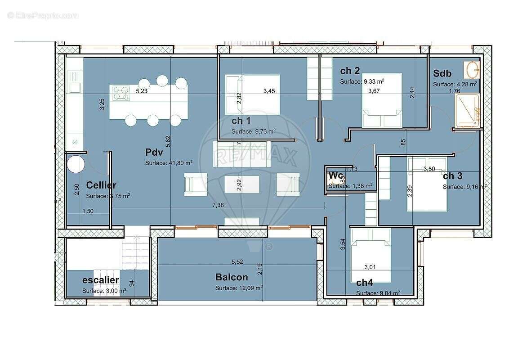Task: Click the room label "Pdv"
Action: tap(154, 153)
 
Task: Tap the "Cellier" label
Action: tap(101, 185)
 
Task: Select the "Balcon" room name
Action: tap(232, 277)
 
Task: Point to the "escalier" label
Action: tap(101, 280)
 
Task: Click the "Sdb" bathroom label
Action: tap(442, 73)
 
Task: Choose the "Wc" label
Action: tap(336, 175)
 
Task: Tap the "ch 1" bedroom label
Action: tap(241, 121)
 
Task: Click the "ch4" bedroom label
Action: tap(364, 283)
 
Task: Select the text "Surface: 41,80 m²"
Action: tap(169, 163)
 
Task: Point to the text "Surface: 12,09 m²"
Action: tap(239, 288)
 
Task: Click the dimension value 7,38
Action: tap(218, 205)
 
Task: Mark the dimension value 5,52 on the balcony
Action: tap(237, 261)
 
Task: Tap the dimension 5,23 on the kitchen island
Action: tap(142, 91)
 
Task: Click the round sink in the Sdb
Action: tap(473, 70)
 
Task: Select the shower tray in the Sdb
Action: tap(467, 111)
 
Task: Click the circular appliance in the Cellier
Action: tap(76, 164)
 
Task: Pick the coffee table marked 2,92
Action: tap(241, 184)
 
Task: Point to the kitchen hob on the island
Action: tap(120, 92)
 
